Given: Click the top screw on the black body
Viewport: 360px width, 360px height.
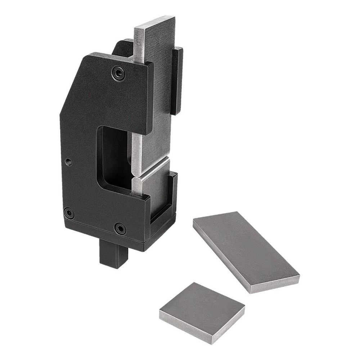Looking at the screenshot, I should click(x=118, y=73).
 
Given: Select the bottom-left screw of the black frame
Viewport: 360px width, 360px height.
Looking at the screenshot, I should click(x=68, y=213).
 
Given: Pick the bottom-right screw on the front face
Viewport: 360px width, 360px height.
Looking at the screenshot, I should click(x=120, y=228).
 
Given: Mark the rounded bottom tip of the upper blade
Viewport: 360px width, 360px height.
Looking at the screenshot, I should click(x=138, y=173).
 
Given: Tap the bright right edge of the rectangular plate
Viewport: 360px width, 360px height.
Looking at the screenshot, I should click(x=275, y=284).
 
